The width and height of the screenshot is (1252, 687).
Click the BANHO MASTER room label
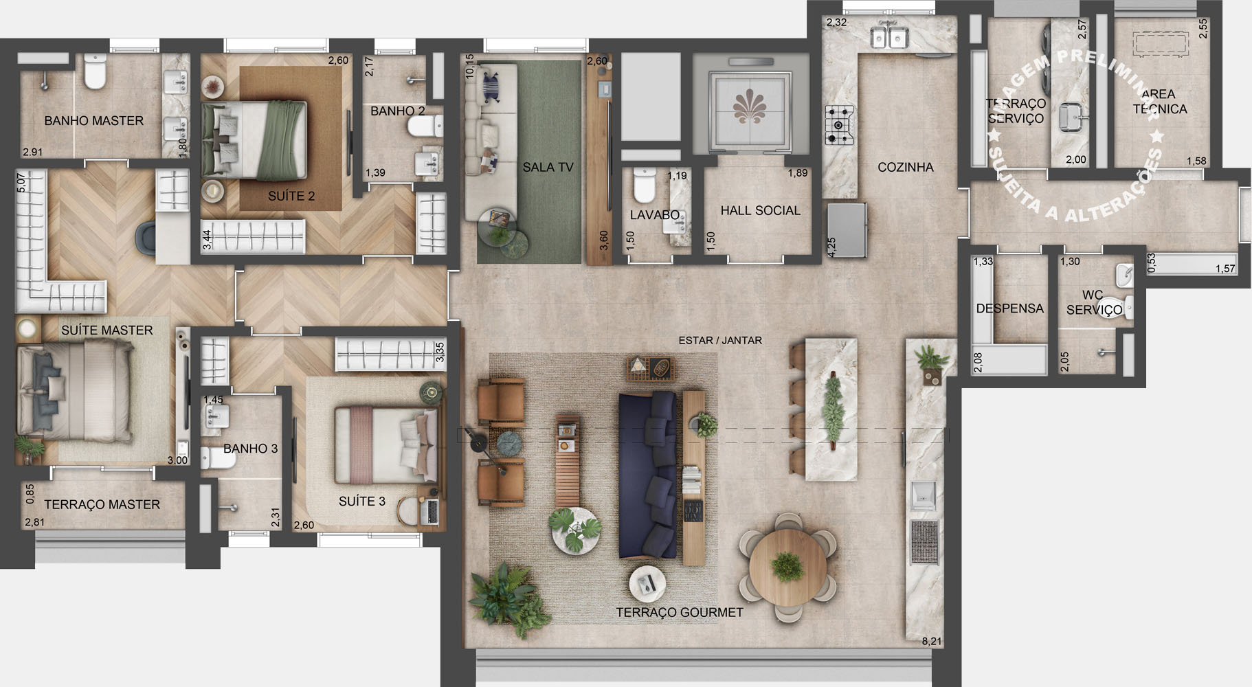click(93, 121)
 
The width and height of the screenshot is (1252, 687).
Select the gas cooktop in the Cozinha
click(839, 125)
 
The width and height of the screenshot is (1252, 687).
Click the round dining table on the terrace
click(787, 566)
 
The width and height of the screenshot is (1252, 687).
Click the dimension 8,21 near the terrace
click(931, 641)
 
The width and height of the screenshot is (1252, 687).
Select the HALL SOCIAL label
click(760, 211)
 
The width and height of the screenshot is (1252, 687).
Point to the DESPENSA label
click(1009, 308)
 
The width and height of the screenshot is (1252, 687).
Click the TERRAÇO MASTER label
click(102, 504)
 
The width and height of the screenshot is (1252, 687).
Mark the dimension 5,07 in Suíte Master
click(21, 182)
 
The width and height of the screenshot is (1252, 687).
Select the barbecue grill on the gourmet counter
click(924, 542)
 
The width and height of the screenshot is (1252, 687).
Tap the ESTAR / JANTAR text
click(719, 340)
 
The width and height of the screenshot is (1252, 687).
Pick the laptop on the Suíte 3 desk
click(432, 511)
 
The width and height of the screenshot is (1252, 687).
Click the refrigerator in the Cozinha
click(846, 229)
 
